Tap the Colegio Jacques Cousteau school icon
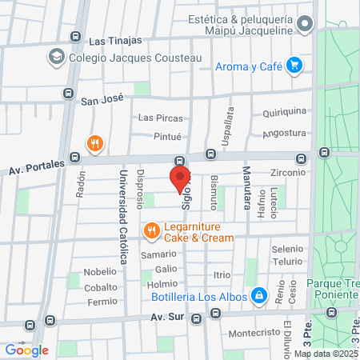(56, 57)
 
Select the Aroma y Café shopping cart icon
(294, 65)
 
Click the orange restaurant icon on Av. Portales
(95, 143)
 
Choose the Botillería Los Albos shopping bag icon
(259, 296)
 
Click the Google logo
(26, 350)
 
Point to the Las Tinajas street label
(115, 40)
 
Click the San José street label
(102, 101)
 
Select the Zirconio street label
(289, 172)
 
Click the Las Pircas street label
(157, 118)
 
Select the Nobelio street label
(100, 271)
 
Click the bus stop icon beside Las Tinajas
(75, 36)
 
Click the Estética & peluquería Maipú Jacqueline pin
(304, 25)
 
